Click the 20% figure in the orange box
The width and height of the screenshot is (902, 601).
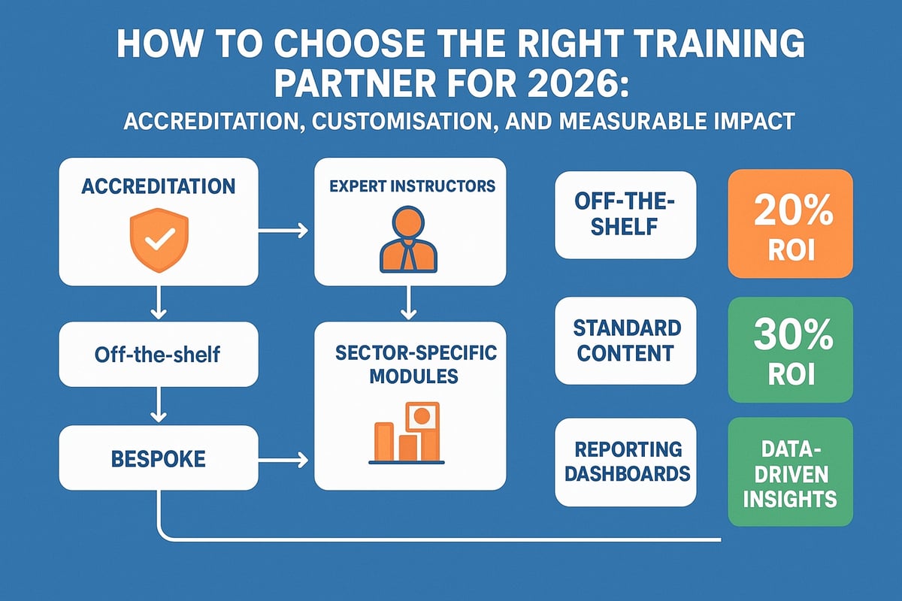tap(789, 213)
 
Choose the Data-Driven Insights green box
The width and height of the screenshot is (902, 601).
tap(790, 471)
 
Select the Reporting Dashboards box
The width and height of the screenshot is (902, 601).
tap(625, 461)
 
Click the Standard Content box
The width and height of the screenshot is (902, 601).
tap(625, 340)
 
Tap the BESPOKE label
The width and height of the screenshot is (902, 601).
tap(158, 459)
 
